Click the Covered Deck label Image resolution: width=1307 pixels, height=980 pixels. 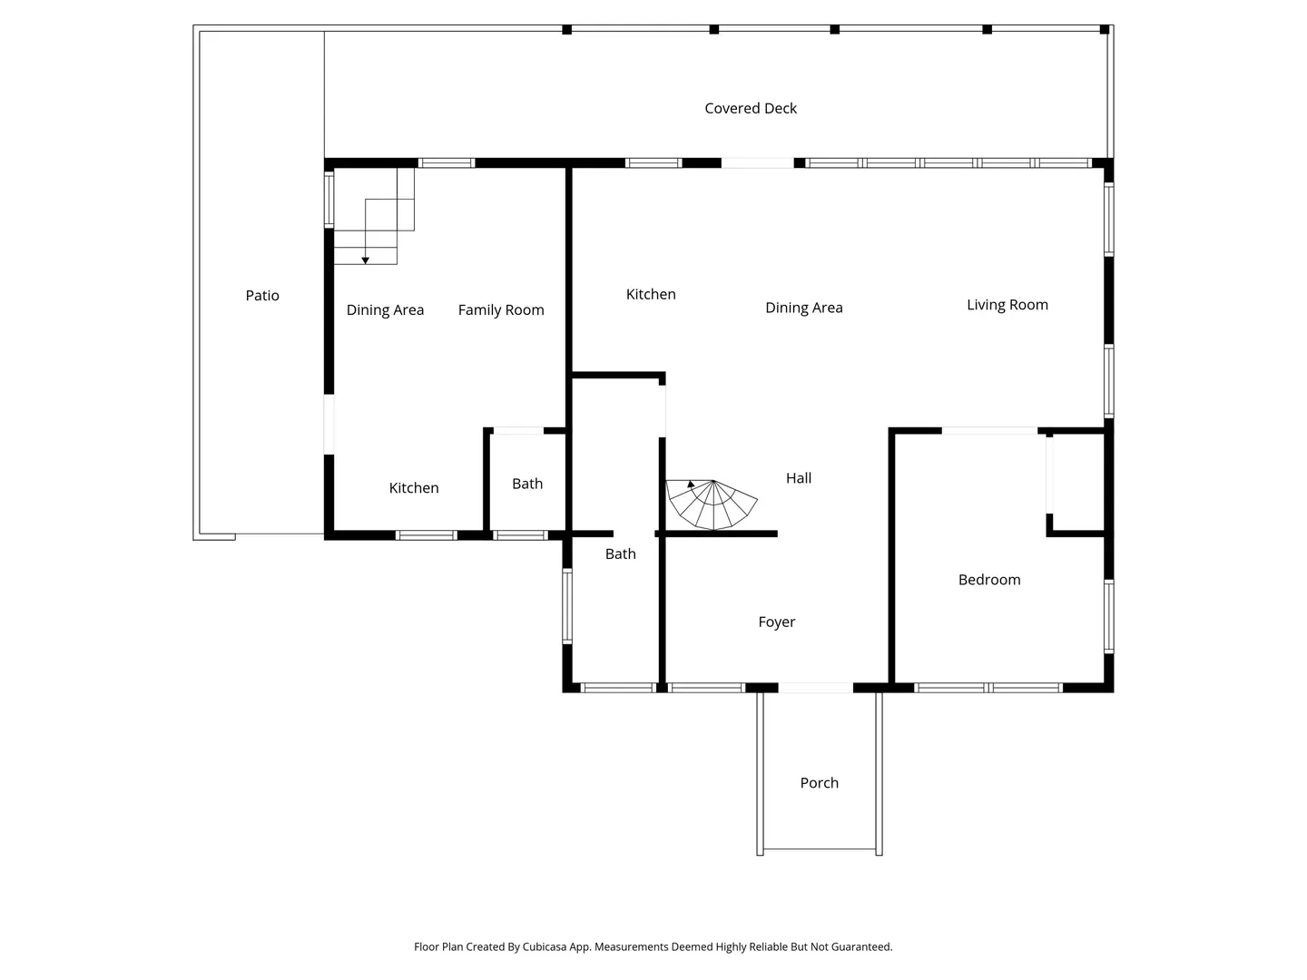coord(751,108)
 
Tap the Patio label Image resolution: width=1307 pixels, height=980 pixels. coord(262,295)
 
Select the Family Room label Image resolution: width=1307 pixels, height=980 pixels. coord(501,310)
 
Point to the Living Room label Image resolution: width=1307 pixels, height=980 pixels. coord(1007,305)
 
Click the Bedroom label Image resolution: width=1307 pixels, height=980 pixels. coord(989,580)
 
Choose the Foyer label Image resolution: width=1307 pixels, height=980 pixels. coord(776,622)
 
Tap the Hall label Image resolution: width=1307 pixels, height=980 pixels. coord(799,478)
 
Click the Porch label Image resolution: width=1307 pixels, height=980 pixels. coord(819,783)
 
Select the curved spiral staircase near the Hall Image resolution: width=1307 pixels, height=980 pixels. coord(711,504)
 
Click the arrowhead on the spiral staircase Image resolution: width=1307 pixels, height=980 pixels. coord(691,485)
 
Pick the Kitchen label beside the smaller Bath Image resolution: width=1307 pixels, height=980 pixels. coord(414,488)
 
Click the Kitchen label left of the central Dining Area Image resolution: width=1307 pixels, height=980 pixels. coord(651,294)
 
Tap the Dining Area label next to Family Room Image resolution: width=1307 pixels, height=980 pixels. coord(385,310)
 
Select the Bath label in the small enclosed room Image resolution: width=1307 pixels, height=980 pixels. coord(527,484)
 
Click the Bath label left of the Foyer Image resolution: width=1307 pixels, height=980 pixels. coord(621,554)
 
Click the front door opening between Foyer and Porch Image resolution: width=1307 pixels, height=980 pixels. coord(815,688)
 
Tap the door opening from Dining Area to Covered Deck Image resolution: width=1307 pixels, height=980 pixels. coord(757,163)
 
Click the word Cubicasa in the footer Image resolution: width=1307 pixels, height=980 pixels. coord(545,946)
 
